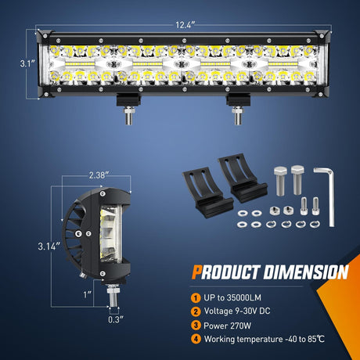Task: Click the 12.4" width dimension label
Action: (185, 25)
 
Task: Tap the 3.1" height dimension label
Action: (27, 63)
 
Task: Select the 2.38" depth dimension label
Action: (99, 175)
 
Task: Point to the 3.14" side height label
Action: (49, 246)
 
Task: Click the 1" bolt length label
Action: (88, 294)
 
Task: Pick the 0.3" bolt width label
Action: (116, 319)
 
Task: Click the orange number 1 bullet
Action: (196, 298)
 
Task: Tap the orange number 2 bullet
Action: (196, 311)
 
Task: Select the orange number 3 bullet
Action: (196, 326)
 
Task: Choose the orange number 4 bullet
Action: (196, 339)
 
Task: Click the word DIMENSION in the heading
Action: (306, 272)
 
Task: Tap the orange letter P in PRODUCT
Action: (196, 272)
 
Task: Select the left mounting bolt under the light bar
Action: (129, 115)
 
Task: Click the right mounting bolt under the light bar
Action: (238, 115)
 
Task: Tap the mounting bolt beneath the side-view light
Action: (113, 295)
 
